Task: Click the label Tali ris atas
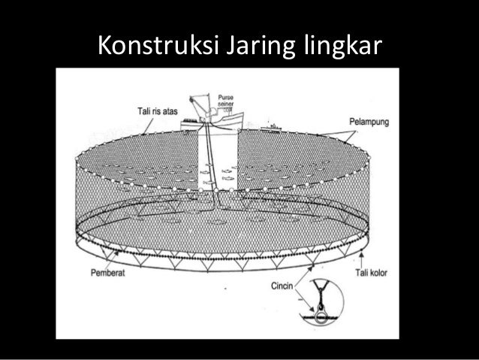pos(151,111)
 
